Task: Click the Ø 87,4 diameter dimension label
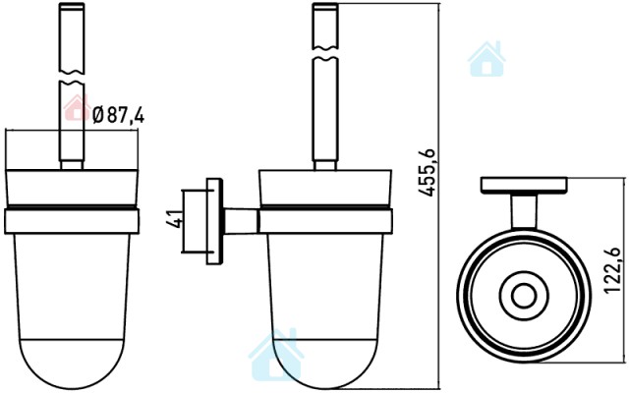coord(118,115)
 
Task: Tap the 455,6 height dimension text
coord(427,173)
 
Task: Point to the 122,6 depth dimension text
coord(612,271)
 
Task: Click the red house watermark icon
coord(77,107)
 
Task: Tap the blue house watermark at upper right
coord(486,59)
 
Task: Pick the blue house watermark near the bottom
coord(276,355)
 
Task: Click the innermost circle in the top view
coord(524,297)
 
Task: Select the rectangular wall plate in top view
coord(524,186)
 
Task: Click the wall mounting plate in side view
coord(214,221)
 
